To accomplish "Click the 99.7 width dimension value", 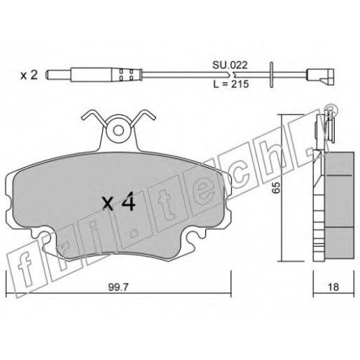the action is (x=119, y=287).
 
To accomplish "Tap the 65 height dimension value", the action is (x=276, y=187).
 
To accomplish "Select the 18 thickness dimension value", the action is (x=333, y=287).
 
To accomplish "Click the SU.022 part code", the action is (x=230, y=65).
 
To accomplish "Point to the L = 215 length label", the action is (x=231, y=84).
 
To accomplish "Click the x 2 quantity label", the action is (x=29, y=76).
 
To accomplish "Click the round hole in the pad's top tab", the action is (x=118, y=130).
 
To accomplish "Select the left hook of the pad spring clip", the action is (x=94, y=117).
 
